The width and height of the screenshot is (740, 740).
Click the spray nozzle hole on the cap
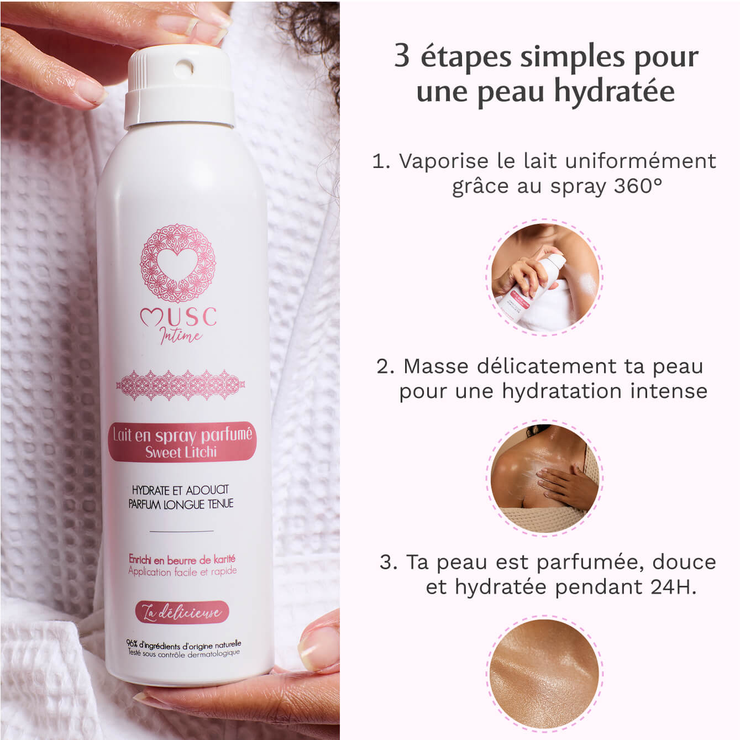point(183,69)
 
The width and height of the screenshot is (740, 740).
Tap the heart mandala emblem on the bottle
point(177,263)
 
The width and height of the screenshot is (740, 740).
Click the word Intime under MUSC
point(181,335)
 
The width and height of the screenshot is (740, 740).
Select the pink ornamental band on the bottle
point(180,385)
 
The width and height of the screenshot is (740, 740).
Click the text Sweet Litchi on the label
point(181,452)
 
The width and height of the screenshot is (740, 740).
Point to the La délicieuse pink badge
point(182,612)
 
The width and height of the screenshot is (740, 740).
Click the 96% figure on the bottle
point(132,643)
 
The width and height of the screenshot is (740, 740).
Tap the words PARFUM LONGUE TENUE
point(181,504)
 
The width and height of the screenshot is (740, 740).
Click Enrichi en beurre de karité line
point(182,559)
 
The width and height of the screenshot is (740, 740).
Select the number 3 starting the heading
point(402,56)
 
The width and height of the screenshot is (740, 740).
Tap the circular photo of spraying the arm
point(544,277)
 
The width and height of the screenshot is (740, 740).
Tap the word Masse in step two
point(437,366)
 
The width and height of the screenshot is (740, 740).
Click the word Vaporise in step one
point(444,161)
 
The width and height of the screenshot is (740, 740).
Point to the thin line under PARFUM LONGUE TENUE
point(181,531)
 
